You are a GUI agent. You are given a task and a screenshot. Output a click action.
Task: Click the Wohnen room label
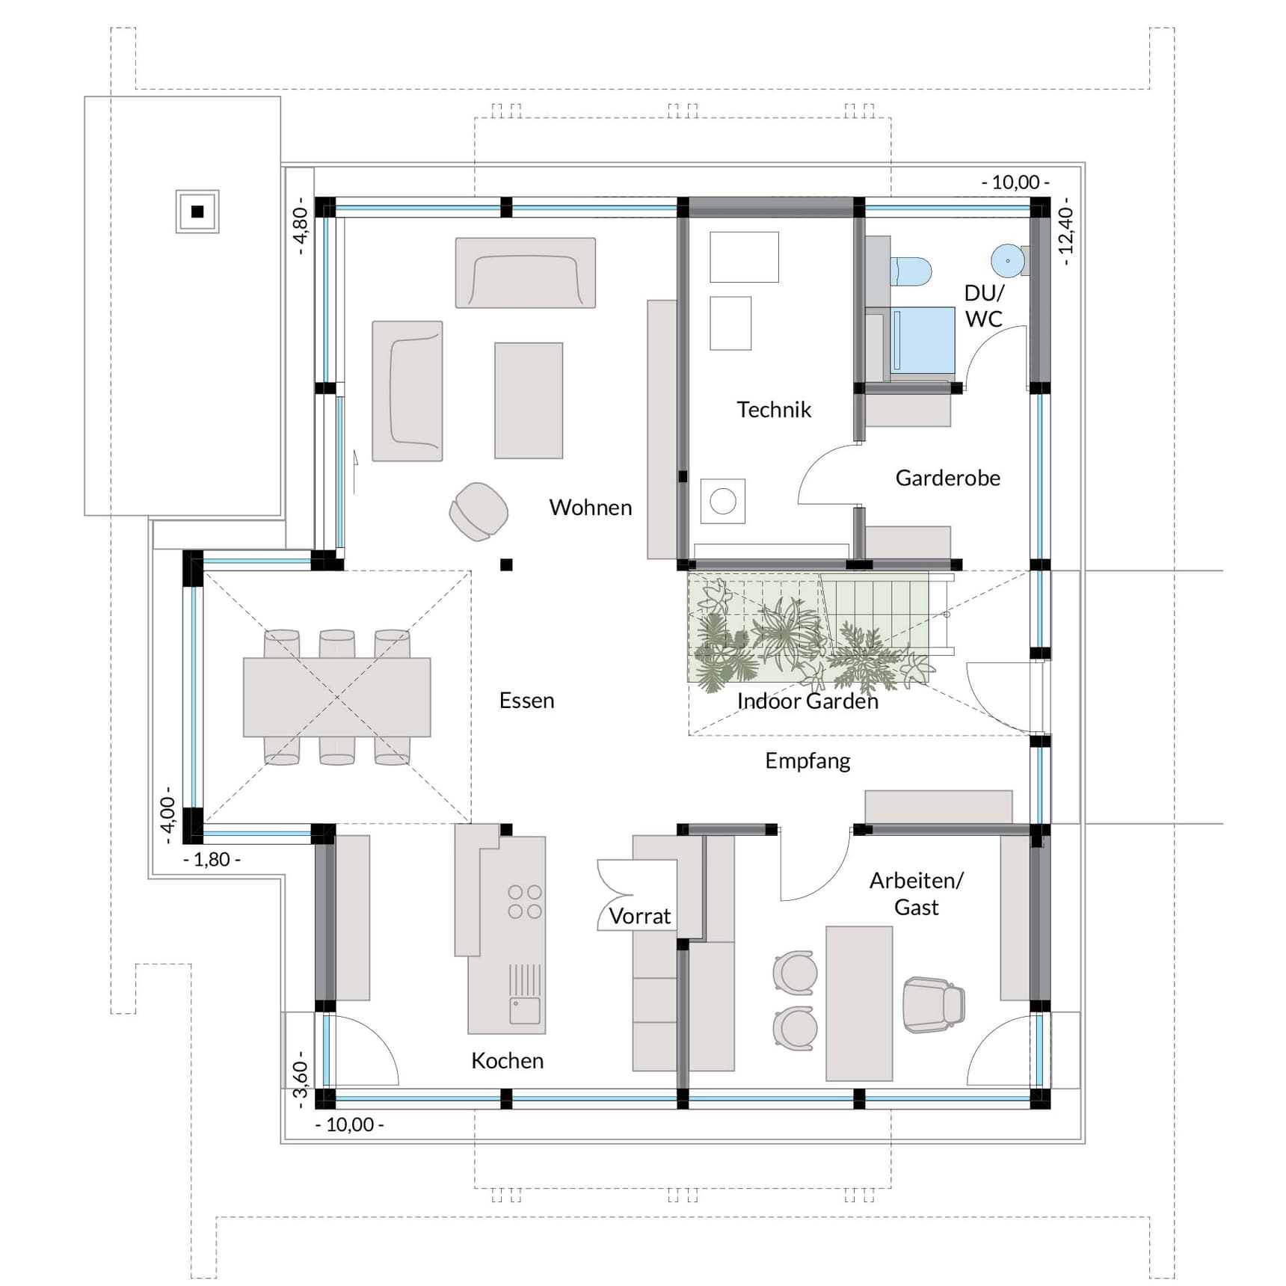[590, 507]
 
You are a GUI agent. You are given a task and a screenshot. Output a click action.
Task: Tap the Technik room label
[773, 409]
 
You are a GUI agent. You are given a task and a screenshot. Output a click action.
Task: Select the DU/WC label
[983, 305]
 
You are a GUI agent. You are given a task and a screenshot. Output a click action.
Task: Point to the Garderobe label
[947, 477]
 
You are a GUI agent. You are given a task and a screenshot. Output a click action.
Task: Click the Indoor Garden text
[807, 701]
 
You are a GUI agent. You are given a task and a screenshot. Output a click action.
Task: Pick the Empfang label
[807, 760]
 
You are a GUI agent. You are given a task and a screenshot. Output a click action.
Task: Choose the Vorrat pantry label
[639, 916]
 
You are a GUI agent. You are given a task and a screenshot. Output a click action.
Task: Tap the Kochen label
[507, 1060]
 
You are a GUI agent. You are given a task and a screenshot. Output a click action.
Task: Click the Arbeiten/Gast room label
[916, 893]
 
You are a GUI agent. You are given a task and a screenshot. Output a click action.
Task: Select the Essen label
[526, 700]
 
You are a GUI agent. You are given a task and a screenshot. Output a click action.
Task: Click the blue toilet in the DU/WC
[911, 271]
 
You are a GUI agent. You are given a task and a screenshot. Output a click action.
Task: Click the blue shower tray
[923, 340]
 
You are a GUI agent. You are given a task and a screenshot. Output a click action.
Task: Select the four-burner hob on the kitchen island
[525, 901]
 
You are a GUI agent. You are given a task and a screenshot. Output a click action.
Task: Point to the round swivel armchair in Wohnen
[479, 511]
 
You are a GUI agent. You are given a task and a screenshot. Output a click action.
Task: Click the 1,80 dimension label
[212, 859]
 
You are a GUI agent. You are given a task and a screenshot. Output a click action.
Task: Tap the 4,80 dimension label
[300, 225]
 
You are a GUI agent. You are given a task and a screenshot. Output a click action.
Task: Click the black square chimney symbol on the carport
[197, 212]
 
